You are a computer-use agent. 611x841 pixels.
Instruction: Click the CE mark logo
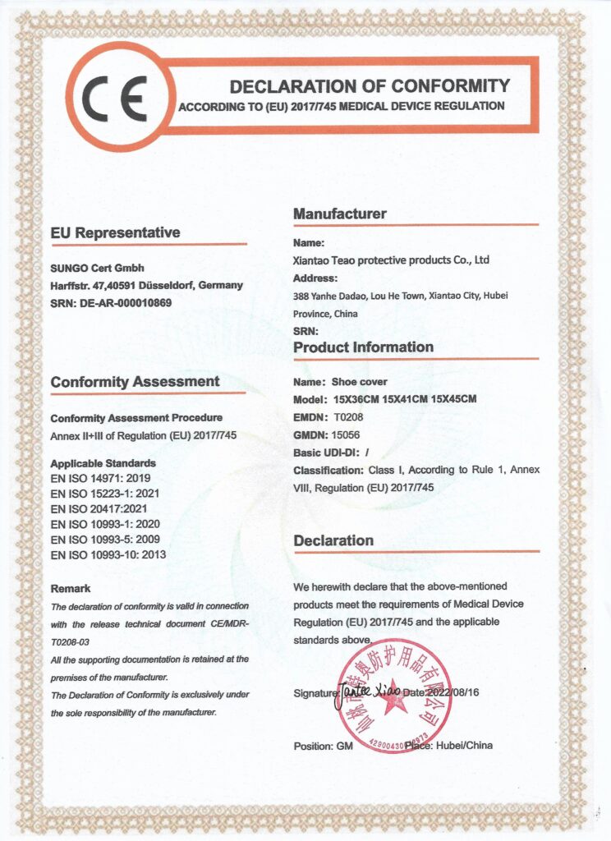[x=120, y=98]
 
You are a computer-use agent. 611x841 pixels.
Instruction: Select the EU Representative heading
[x=115, y=233]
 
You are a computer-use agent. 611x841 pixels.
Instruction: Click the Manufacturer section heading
[x=339, y=214]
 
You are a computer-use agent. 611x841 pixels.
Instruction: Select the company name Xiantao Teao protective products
[x=391, y=260]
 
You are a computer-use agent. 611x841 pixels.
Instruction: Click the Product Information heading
[x=363, y=347]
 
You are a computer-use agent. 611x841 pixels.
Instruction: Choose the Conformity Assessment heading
[x=135, y=382]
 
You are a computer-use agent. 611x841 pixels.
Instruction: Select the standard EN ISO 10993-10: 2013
[x=108, y=555]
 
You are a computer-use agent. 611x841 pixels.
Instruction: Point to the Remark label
[x=71, y=589]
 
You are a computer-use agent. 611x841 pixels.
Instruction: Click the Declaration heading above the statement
[x=333, y=540]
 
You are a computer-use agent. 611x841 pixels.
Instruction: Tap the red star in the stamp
[x=391, y=692]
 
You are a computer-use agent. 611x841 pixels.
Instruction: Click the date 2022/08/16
[x=453, y=693]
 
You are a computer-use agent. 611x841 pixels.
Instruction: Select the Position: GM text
[x=324, y=746]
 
